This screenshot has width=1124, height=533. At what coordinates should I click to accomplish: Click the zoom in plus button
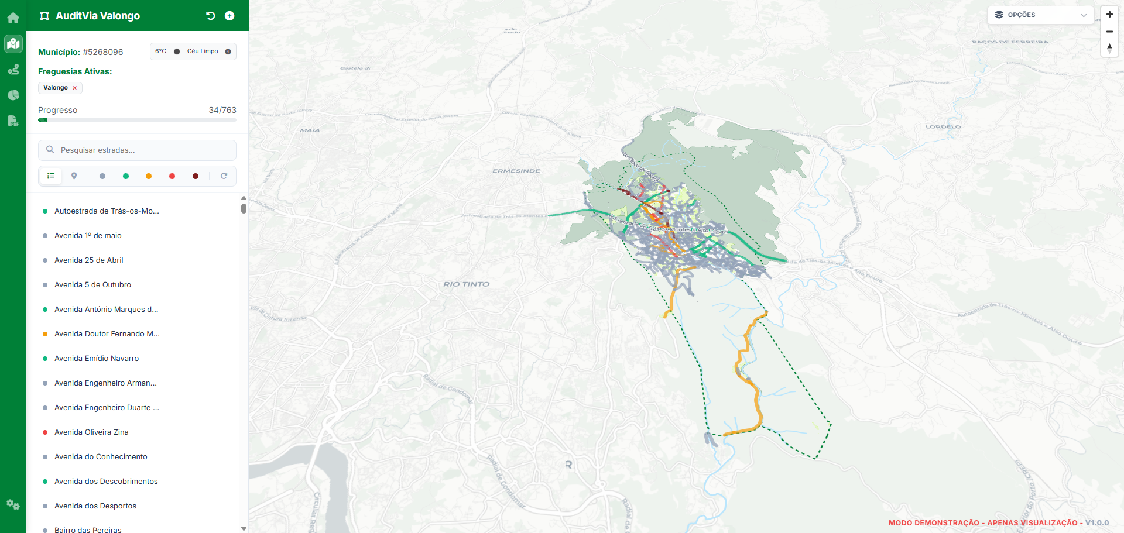pos(1109,15)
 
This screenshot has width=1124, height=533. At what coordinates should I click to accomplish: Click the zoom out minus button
pos(1109,32)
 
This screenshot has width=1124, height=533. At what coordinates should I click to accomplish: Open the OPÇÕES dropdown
pos(1040,15)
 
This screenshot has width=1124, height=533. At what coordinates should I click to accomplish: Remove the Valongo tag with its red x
pos(74,88)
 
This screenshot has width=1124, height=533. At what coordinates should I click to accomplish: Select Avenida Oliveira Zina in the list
pos(91,432)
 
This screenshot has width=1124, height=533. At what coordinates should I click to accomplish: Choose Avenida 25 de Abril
pos(89,260)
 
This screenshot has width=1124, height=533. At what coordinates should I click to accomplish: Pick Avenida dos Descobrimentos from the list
pos(106,482)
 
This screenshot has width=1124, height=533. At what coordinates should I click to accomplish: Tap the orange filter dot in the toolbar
pos(149,176)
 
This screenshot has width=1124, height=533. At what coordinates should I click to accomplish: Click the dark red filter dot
pos(196,176)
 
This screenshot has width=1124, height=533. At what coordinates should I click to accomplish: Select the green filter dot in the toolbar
pos(126,176)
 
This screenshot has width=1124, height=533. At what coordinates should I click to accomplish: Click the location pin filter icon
pos(74,176)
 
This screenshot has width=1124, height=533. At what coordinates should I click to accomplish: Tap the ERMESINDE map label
pos(516,171)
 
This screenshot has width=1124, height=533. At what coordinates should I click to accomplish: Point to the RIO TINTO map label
pos(466,284)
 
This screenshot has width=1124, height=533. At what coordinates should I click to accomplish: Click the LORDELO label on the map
pos(943,127)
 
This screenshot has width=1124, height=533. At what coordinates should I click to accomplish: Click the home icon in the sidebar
pos(13,18)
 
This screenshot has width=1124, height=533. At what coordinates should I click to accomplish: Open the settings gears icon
pos(13,504)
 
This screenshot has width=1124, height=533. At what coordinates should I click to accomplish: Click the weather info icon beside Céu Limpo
pos(228,51)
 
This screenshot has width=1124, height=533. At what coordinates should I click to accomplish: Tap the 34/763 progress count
pos(222,110)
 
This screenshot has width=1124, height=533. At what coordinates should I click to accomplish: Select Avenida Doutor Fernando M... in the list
pos(107,334)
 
